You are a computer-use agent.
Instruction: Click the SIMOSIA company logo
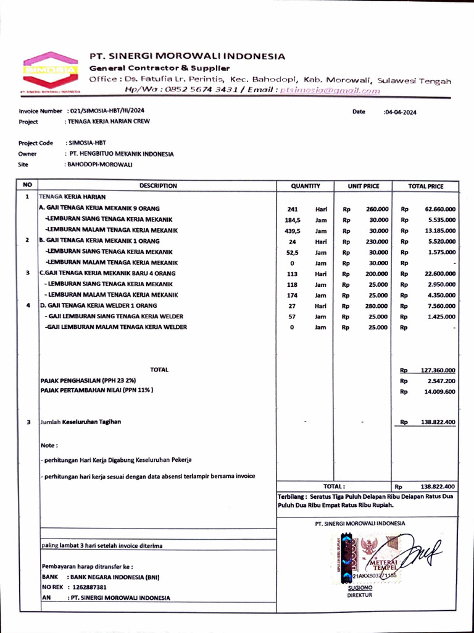pyautogui.click(x=50, y=70)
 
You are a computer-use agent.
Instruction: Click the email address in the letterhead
pyautogui.click(x=330, y=90)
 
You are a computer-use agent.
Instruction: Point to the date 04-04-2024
pyautogui.click(x=401, y=112)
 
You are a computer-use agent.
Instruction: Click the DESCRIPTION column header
pyautogui.click(x=158, y=185)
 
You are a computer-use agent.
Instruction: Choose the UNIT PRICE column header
pyautogui.click(x=364, y=185)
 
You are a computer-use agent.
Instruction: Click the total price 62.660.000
pyautogui.click(x=440, y=209)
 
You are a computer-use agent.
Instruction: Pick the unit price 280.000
pyautogui.click(x=377, y=305)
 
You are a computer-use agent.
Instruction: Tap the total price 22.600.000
pyautogui.click(x=440, y=273)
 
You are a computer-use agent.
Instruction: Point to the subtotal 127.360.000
pyautogui.click(x=438, y=370)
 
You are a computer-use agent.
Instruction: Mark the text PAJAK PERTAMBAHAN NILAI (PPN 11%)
pyautogui.click(x=97, y=390)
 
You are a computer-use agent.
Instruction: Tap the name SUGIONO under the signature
pyautogui.click(x=360, y=588)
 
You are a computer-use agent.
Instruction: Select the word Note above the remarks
pyautogui.click(x=49, y=445)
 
